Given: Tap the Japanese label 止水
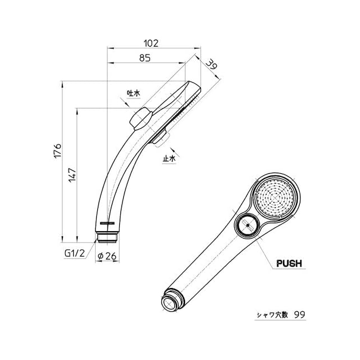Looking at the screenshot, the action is (169, 159).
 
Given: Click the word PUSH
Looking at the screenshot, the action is (289, 263).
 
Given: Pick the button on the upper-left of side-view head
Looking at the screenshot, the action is (141, 118).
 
